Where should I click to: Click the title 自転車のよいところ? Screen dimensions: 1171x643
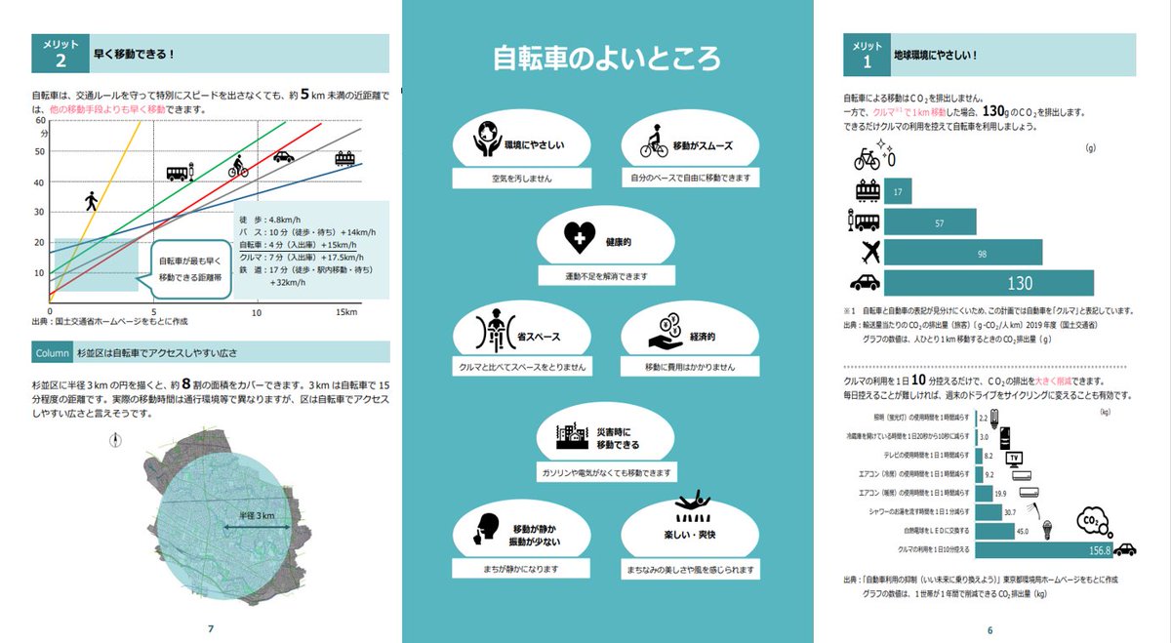tap(606, 59)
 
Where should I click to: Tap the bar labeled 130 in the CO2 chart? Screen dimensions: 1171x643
tap(987, 284)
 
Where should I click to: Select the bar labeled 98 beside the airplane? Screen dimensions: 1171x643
tap(961, 253)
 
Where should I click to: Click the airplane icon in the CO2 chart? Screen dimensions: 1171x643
tap(866, 253)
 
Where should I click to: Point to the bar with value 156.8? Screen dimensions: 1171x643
tap(1039, 549)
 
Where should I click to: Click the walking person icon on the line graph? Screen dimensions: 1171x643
tap(92, 201)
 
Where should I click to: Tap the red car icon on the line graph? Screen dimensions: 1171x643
tap(283, 156)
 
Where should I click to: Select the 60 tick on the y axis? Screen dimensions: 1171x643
tap(40, 121)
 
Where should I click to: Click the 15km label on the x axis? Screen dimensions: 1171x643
tap(347, 311)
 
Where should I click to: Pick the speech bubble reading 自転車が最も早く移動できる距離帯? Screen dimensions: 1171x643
tap(190, 268)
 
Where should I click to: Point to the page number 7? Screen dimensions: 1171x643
tap(211, 627)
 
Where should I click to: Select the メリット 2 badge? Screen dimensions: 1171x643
tap(60, 54)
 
